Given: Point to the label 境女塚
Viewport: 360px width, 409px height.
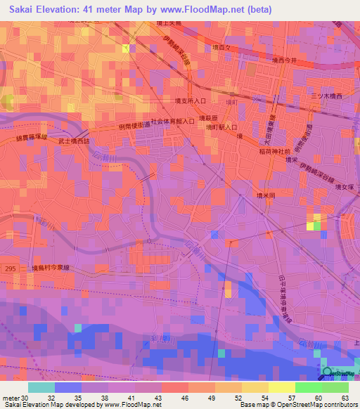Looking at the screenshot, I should (345, 187).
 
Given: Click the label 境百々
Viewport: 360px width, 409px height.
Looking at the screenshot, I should (221, 47).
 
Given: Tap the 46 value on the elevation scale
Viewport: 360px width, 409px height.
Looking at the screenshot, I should (185, 397).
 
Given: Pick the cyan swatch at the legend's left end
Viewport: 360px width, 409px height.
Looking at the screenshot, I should (41, 387).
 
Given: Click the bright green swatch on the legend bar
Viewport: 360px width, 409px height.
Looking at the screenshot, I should (308, 387).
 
